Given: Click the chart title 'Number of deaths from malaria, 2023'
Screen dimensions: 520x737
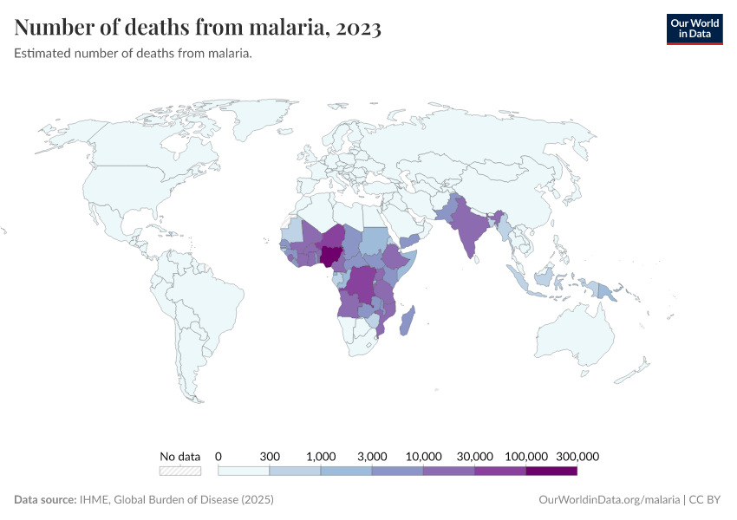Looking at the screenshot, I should [x=198, y=28].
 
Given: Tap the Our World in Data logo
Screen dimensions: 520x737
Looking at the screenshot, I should [x=694, y=29].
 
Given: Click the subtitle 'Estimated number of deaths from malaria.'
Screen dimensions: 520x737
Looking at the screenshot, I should [x=133, y=54].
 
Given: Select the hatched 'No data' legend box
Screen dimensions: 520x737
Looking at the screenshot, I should [x=179, y=471].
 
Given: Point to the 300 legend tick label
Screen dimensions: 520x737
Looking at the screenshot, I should [x=270, y=456].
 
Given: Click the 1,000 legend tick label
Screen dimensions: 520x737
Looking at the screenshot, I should [x=321, y=456].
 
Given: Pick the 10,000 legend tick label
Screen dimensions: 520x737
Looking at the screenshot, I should [x=424, y=456].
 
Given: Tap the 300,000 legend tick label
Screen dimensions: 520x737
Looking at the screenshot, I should [x=577, y=456].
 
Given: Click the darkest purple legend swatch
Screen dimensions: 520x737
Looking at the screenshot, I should [x=551, y=471].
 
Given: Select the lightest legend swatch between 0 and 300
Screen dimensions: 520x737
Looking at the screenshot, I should [x=244, y=471].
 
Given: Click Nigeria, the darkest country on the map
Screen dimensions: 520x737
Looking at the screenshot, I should [x=330, y=255].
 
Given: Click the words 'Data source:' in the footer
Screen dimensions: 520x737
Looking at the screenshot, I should [x=45, y=500].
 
